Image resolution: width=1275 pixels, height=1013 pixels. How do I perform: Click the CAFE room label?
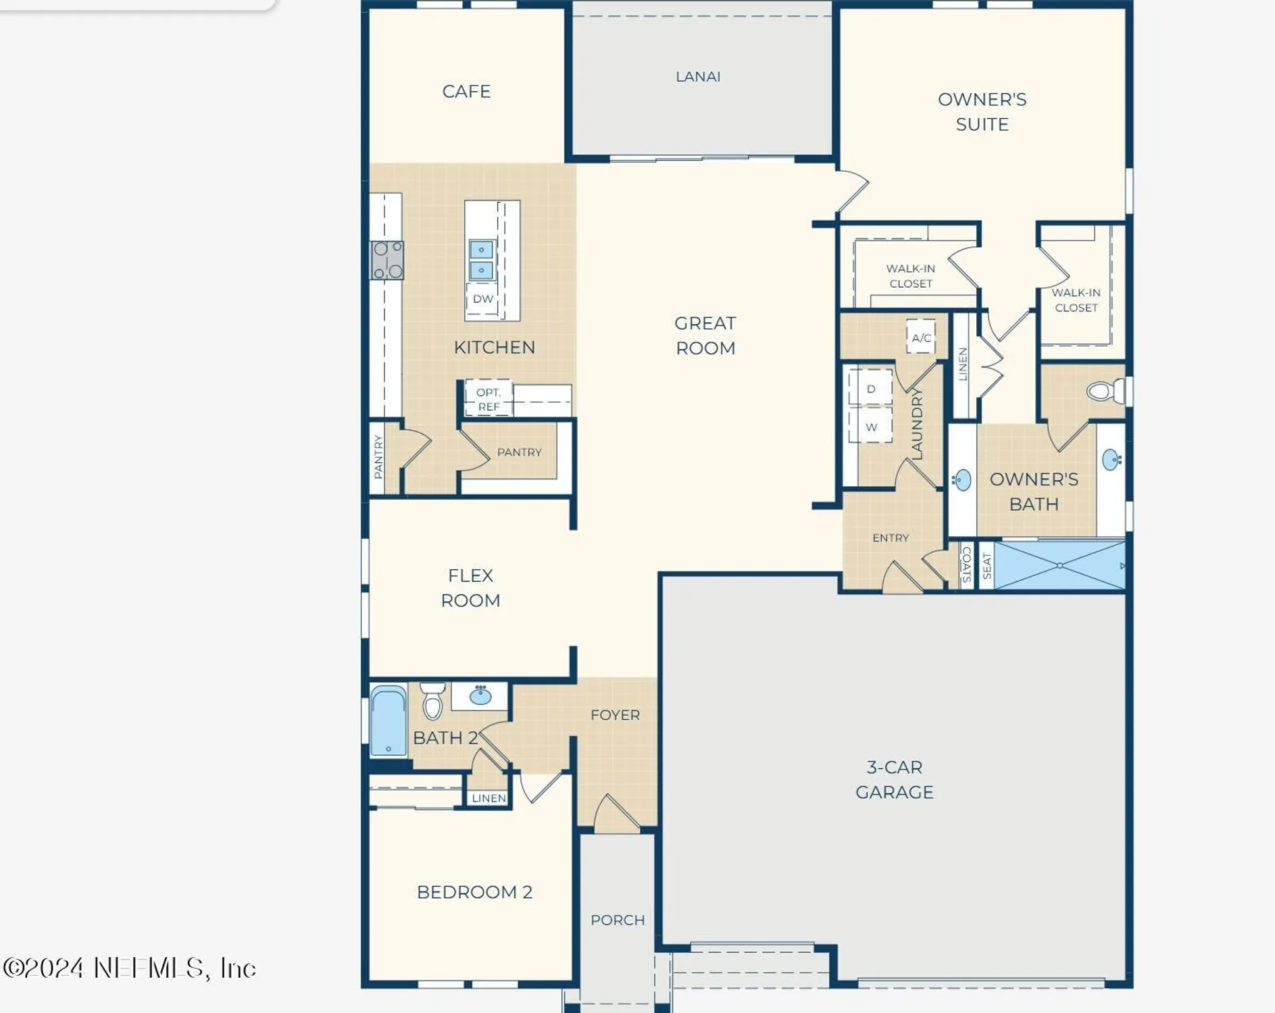click(466, 92)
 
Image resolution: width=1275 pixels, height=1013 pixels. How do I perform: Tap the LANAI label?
click(698, 77)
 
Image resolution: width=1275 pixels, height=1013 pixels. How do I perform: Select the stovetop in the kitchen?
click(387, 260)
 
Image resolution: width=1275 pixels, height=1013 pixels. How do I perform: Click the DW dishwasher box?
click(482, 299)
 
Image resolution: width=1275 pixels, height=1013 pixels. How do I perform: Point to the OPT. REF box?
click(489, 399)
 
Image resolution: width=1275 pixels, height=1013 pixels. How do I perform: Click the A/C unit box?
click(921, 338)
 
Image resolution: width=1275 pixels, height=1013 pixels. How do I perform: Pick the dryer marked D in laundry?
click(871, 389)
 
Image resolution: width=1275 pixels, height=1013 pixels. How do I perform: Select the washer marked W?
click(871, 427)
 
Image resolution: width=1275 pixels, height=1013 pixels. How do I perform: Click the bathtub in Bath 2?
click(389, 721)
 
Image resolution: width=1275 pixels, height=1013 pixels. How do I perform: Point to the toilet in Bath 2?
click(432, 701)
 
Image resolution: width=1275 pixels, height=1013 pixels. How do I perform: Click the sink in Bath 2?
click(480, 696)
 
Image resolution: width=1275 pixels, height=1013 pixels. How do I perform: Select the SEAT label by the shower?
click(986, 566)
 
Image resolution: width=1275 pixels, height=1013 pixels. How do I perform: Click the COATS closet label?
click(966, 565)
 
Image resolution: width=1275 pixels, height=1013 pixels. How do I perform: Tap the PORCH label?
click(618, 920)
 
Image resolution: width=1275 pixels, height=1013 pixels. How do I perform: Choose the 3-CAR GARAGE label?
click(894, 779)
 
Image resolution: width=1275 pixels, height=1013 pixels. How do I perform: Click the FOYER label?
click(615, 715)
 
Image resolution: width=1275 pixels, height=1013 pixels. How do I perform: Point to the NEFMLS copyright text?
click(130, 968)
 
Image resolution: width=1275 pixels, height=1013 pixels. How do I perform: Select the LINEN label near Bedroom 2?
click(489, 798)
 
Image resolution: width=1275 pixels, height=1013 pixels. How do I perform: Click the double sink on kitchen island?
click(481, 260)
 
